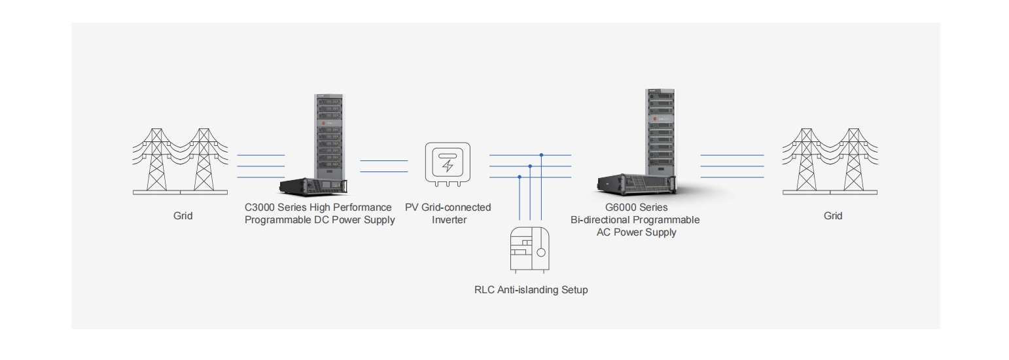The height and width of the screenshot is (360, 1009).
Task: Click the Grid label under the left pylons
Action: (183, 216)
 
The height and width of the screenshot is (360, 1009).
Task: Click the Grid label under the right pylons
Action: (833, 216)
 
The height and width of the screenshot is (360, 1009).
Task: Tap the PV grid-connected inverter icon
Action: (448, 164)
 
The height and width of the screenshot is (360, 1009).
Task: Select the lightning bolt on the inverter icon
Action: (448, 166)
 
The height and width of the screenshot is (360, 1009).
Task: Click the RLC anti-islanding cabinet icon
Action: (530, 250)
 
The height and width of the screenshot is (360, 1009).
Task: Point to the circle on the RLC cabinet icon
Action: (541, 252)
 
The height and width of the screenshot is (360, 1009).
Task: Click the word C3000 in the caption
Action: (260, 207)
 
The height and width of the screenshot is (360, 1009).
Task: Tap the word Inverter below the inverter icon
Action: (449, 220)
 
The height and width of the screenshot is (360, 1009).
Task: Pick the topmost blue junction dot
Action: (541, 155)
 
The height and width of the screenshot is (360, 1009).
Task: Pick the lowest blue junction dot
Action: (520, 177)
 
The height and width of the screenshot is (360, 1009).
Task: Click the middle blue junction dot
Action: (530, 166)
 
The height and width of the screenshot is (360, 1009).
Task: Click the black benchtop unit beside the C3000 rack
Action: (313, 186)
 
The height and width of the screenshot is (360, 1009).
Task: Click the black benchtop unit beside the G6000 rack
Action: (637, 185)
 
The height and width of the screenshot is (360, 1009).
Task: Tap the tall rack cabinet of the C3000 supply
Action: (328, 136)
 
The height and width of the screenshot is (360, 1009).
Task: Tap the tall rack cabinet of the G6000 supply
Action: (660, 132)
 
